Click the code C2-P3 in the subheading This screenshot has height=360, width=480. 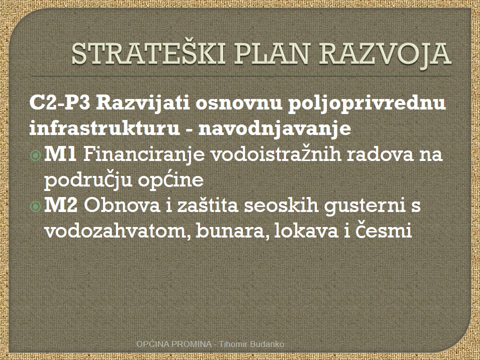pos(60,103)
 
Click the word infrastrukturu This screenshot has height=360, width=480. pos(104,128)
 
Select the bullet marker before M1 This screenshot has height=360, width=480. pos(36,155)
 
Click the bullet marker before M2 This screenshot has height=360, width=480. pos(36,206)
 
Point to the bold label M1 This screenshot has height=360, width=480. pos(60,154)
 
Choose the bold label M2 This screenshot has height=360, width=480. pos(61,205)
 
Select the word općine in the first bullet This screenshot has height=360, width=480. pos(170,180)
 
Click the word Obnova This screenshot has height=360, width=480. pos(122,205)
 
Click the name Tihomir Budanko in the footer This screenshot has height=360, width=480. pos(251,344)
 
